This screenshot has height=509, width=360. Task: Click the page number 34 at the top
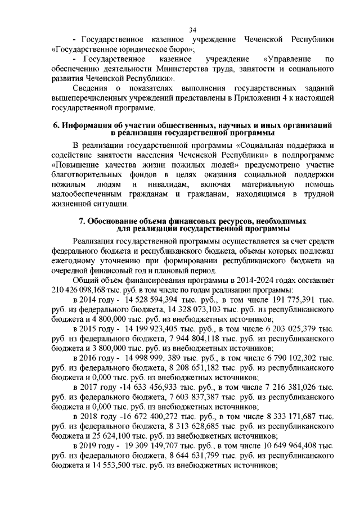point(193,30)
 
